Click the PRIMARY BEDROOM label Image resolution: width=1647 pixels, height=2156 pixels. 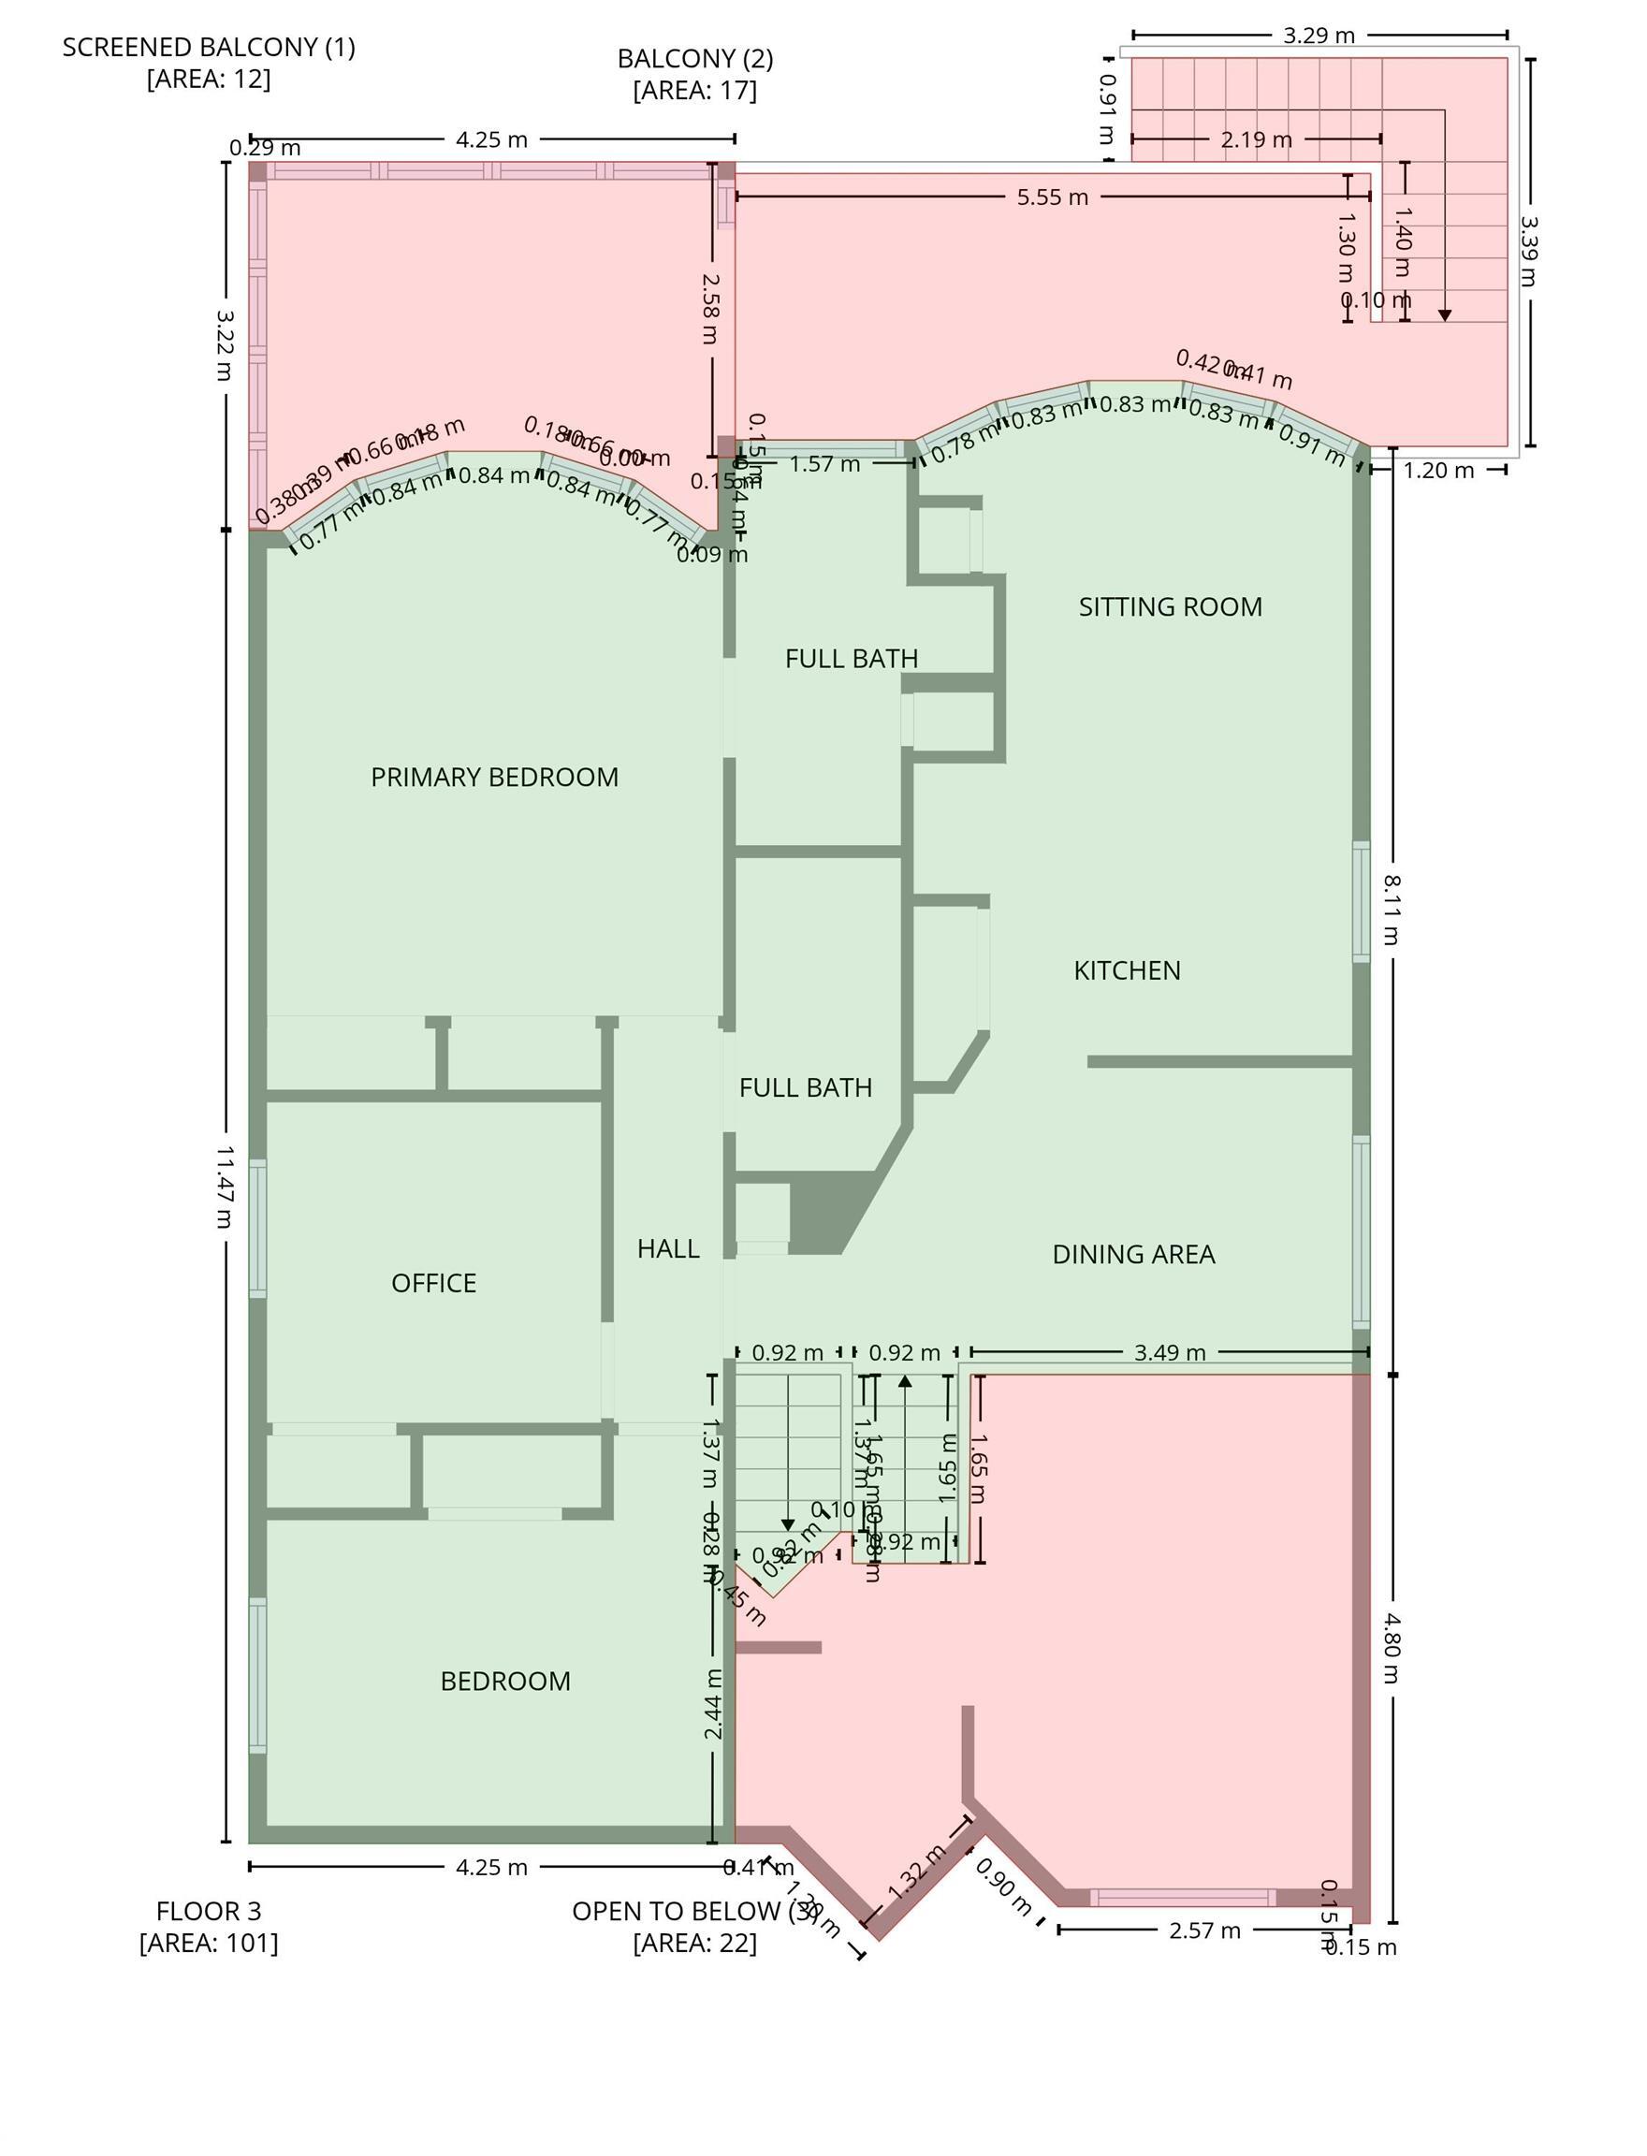(x=494, y=778)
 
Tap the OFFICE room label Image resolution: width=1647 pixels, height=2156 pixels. (x=433, y=1284)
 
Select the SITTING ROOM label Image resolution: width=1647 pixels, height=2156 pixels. (x=1170, y=607)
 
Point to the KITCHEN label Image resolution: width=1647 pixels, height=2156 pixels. (x=1127, y=970)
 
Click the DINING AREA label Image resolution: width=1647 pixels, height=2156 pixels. (x=1133, y=1254)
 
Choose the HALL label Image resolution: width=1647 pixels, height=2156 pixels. (x=667, y=1249)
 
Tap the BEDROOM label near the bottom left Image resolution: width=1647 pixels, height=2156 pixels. (x=505, y=1682)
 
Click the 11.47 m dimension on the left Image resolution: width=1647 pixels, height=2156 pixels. (x=225, y=1187)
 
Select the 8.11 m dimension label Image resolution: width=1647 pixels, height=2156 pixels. (x=1392, y=910)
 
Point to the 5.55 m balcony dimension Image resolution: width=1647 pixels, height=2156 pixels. (x=1052, y=197)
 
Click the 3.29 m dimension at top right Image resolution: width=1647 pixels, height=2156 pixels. (x=1319, y=36)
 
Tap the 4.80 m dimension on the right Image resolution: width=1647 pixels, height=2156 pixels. (x=1392, y=1650)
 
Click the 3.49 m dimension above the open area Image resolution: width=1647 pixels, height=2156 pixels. (x=1169, y=1353)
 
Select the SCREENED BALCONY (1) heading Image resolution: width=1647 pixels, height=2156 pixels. (x=209, y=47)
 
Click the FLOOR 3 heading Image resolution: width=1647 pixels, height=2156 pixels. (x=209, y=1911)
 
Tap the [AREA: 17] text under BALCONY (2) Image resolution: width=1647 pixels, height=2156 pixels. (x=694, y=91)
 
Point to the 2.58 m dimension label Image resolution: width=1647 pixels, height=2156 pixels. (x=712, y=308)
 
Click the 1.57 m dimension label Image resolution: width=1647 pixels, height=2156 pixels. (x=824, y=464)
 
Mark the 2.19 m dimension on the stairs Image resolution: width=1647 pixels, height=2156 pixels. (x=1256, y=140)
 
